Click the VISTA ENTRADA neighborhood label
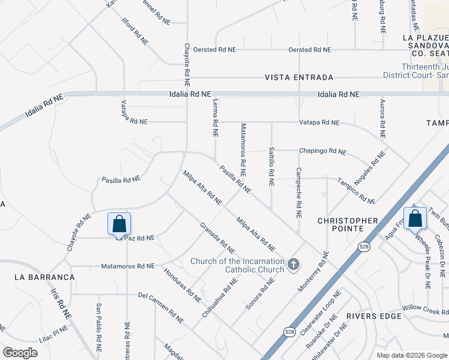(299, 78)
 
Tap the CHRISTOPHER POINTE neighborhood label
(348, 224)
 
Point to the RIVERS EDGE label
(370, 316)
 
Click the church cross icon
(294, 265)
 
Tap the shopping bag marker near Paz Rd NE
(119, 224)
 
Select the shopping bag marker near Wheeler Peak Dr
(415, 218)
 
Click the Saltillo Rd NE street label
(272, 164)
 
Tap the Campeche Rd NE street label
(298, 193)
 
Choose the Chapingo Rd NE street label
(323, 151)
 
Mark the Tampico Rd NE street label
(356, 190)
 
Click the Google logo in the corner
(20, 353)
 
